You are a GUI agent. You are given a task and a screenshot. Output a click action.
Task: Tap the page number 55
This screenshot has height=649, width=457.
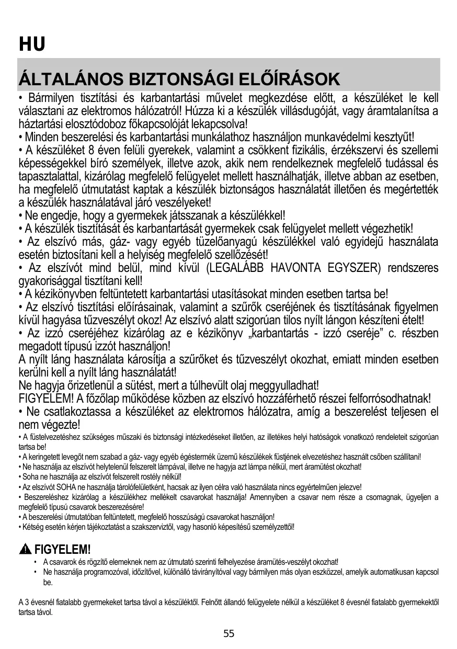[229, 634]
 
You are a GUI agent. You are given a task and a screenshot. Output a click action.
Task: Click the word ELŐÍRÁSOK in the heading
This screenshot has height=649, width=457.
[289, 80]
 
